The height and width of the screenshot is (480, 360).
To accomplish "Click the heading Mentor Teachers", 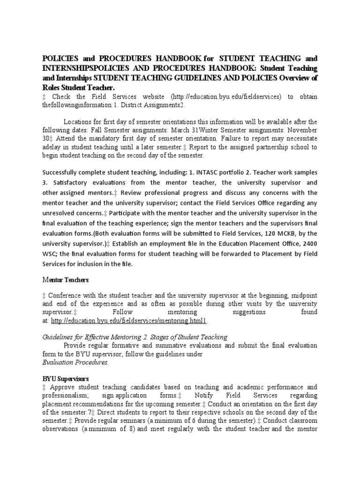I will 65,279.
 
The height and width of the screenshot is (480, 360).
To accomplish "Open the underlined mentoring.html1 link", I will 129,321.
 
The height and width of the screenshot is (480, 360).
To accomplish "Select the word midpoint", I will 302,295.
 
